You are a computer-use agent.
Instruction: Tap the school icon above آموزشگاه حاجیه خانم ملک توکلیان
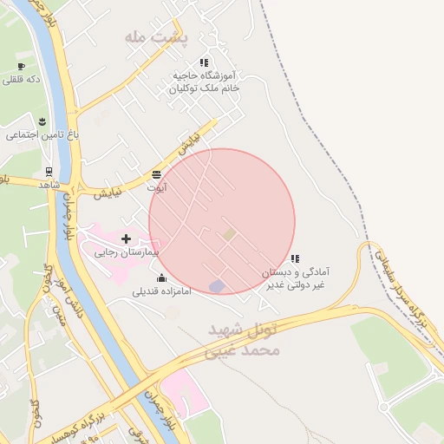tap(204, 62)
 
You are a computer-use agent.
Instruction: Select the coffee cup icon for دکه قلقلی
tap(21, 66)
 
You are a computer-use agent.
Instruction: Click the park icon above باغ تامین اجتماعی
tap(41, 118)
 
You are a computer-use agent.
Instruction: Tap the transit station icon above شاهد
tap(49, 171)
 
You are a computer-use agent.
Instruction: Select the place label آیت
tap(157, 187)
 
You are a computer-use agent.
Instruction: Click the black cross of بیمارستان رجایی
tap(126, 238)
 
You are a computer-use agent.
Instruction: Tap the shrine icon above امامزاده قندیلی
tap(161, 277)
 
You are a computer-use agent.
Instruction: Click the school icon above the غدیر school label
tap(296, 258)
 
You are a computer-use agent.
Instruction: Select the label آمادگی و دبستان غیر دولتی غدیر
tap(296, 278)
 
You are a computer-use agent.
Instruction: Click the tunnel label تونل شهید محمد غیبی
tap(246, 341)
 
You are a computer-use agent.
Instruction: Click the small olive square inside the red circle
tap(229, 234)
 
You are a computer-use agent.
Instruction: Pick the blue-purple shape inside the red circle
tap(217, 286)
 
